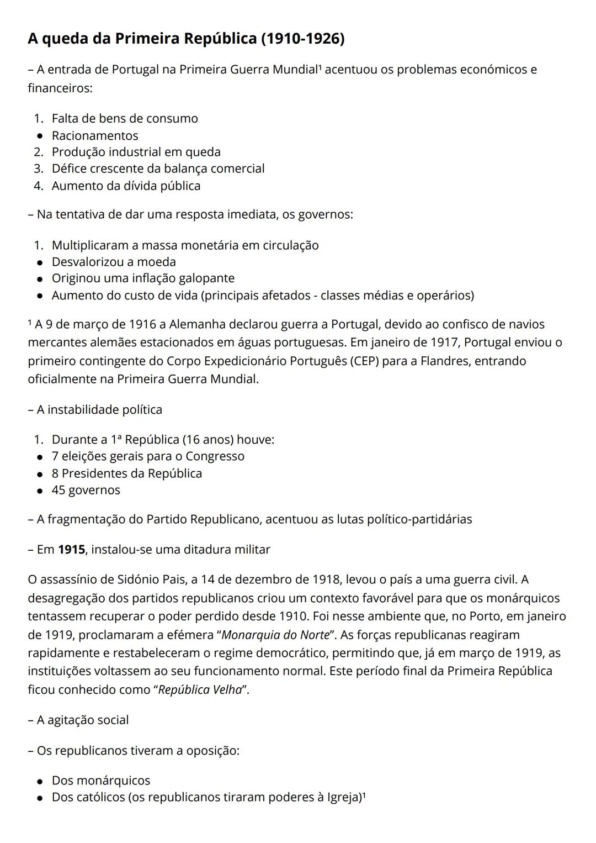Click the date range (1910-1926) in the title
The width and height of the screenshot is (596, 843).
click(x=302, y=39)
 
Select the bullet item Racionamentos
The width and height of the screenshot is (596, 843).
click(x=95, y=135)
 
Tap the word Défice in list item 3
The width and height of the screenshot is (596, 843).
click(x=70, y=168)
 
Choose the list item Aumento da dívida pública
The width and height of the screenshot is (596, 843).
click(x=126, y=186)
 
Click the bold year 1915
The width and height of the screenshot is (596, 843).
click(x=72, y=550)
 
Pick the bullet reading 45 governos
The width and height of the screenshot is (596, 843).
click(x=86, y=490)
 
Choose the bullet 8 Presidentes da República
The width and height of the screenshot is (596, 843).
click(x=127, y=473)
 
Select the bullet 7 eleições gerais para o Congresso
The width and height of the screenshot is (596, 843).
click(x=148, y=456)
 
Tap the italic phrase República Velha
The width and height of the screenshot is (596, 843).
click(x=200, y=690)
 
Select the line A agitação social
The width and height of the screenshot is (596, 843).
click(x=82, y=720)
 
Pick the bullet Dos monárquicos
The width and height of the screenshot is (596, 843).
click(x=101, y=781)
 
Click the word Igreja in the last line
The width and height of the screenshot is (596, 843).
click(x=343, y=798)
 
